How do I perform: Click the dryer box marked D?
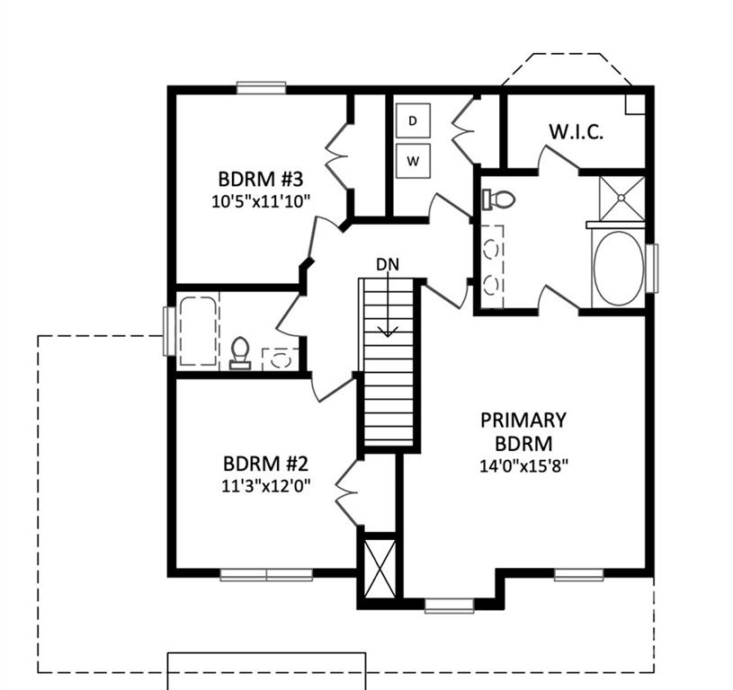coord(413,120)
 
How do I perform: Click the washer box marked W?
coord(413,161)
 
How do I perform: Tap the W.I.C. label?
coord(576,132)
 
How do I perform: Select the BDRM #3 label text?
coord(261,179)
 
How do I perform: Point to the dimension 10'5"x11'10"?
coord(261,201)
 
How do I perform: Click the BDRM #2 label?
coord(265,464)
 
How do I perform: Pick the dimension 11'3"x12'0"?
coord(265,486)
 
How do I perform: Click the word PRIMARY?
coord(523,420)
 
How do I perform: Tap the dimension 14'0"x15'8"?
coord(523,466)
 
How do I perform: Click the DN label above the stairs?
coord(388,265)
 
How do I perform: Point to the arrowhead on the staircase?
coord(388,332)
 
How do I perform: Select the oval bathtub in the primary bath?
coord(618,269)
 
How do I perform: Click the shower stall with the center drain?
coord(621,198)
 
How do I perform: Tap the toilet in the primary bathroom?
coord(498,199)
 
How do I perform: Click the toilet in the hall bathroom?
coord(240,353)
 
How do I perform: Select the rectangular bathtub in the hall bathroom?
coord(198,331)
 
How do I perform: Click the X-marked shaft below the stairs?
coord(380,568)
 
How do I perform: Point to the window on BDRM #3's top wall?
coord(261,88)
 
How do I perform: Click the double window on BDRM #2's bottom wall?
coord(266,575)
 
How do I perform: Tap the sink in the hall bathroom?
coord(281,359)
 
